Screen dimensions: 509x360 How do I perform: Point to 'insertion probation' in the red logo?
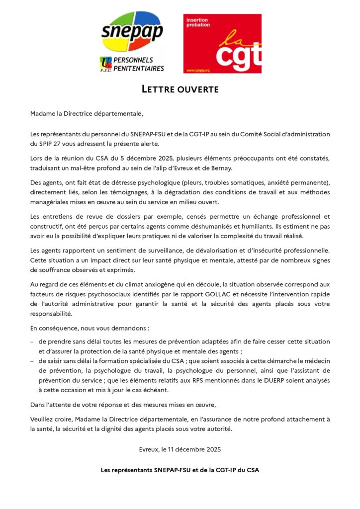[x=198, y=22]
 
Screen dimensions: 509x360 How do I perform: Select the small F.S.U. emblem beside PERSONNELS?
[x=105, y=64]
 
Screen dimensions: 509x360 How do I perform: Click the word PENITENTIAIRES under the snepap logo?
[x=139, y=68]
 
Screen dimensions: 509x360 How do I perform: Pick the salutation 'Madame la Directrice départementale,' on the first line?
[x=86, y=114]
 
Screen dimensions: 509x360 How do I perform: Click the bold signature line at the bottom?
[x=180, y=470]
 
